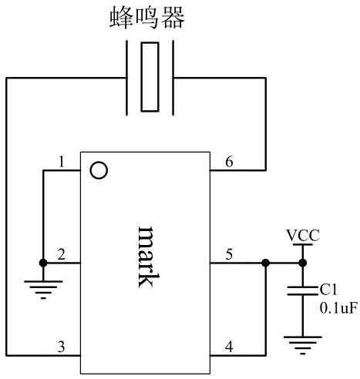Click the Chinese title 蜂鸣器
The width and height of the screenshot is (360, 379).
[x=147, y=18]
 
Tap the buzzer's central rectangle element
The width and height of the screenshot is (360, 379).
[x=150, y=77]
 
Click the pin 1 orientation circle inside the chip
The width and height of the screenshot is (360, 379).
[x=99, y=170]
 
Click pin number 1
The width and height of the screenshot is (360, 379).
[x=61, y=162]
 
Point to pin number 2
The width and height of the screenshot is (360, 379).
[x=61, y=254]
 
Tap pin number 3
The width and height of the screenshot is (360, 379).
[x=61, y=347]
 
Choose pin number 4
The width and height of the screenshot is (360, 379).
[x=229, y=347]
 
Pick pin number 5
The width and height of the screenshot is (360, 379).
[x=229, y=254]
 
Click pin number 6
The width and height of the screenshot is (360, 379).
[x=229, y=162]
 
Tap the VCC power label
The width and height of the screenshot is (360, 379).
[x=303, y=236]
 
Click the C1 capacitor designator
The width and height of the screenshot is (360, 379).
[x=328, y=290]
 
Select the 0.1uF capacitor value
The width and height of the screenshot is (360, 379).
[x=338, y=308]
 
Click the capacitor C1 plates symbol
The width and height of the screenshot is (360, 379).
[x=303, y=290]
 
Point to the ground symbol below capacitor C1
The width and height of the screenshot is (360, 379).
[x=303, y=345]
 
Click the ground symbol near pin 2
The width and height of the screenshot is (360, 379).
[x=43, y=290]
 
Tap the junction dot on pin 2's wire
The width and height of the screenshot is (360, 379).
[x=43, y=263]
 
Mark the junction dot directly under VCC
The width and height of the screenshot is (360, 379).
[x=303, y=263]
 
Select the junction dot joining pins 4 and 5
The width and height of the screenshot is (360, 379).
[x=265, y=263]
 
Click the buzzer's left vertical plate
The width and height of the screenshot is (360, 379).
[x=126, y=78]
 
